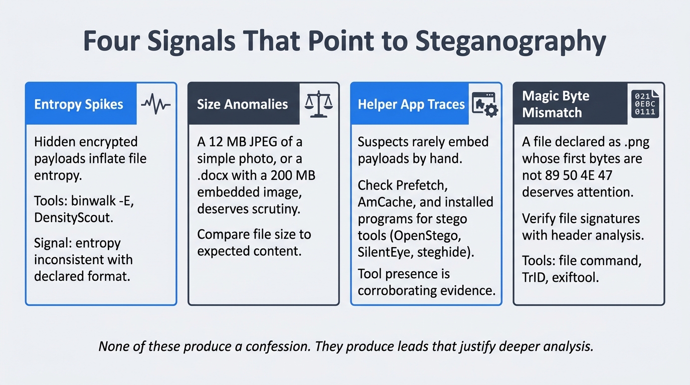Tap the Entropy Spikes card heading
pyautogui.click(x=79, y=104)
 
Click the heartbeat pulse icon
pyautogui.click(x=156, y=104)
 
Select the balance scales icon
pyautogui.click(x=319, y=104)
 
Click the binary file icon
pyautogui.click(x=645, y=104)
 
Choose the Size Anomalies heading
pyautogui.click(x=242, y=104)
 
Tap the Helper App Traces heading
pyautogui.click(x=411, y=104)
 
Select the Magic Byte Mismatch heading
pyautogui.click(x=556, y=104)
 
